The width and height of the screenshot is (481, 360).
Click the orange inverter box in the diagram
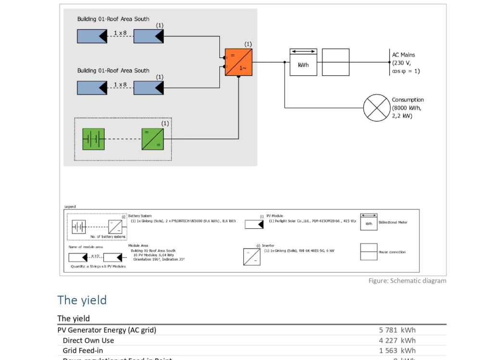(239, 62)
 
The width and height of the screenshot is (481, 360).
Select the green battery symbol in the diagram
(93, 139)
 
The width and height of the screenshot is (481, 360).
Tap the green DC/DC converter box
(152, 139)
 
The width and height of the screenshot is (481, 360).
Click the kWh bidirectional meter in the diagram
(303, 62)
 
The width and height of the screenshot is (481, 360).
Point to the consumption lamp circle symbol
(376, 108)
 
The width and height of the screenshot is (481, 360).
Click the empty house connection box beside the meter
(335, 62)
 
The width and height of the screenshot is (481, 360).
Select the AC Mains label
(403, 55)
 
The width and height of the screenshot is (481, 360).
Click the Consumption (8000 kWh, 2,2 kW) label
(407, 108)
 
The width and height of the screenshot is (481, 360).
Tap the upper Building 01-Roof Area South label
(113, 19)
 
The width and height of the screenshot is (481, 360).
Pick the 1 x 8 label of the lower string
(120, 85)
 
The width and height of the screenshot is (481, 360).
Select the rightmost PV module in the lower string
(149, 88)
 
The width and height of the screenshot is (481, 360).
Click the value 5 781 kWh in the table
(397, 330)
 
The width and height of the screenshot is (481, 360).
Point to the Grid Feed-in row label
(83, 350)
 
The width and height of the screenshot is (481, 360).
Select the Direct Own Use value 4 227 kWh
(397, 340)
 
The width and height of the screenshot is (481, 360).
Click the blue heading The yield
(82, 300)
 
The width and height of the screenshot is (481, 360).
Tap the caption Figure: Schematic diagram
(407, 281)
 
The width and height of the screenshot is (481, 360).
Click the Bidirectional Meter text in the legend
(392, 223)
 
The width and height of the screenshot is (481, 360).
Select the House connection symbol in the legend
(368, 252)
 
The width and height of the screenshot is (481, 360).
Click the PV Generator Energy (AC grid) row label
(107, 330)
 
